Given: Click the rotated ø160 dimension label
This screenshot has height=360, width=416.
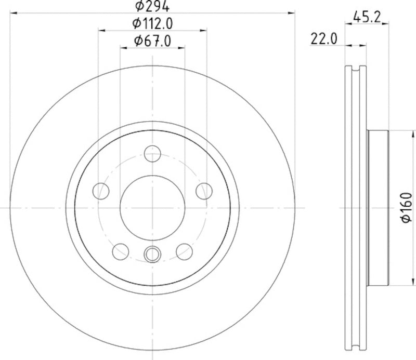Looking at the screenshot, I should (406, 208).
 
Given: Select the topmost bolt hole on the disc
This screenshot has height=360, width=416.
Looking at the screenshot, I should (152, 153).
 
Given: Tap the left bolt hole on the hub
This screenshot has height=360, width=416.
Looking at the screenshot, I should (100, 191).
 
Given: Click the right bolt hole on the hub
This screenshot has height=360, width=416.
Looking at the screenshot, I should (204, 191).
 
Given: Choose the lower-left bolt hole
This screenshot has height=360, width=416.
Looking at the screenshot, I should (120, 251).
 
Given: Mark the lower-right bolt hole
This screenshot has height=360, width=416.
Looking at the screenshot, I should (185, 251).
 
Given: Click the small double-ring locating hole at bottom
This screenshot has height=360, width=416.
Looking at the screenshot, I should (152, 254).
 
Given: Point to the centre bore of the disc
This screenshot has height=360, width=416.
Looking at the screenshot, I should (152, 207).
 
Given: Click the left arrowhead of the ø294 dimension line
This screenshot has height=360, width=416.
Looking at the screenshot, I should (14, 13).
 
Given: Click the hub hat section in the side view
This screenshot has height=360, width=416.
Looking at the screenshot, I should (378, 207).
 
